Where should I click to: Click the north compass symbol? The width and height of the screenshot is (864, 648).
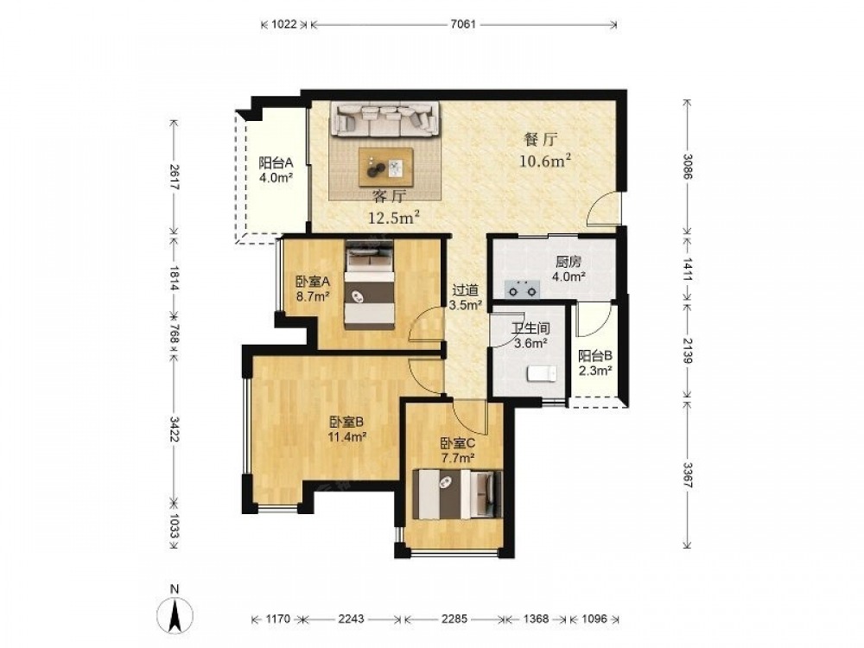coord(175,611)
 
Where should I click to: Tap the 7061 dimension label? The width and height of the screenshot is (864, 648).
coord(463,24)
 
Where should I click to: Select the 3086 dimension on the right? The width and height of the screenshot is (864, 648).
coord(687,167)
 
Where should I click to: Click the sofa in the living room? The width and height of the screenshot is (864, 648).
coord(385,119)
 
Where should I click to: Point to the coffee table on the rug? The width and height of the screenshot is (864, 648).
coord(385,167)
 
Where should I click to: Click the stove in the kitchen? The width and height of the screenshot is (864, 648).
coord(521,289)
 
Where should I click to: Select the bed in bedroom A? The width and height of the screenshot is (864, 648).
coord(370,284)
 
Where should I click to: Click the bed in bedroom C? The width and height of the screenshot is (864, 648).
coord(458,493)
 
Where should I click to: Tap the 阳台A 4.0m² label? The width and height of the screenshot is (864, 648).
coord(276,169)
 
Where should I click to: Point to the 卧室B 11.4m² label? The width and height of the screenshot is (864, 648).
coord(346,429)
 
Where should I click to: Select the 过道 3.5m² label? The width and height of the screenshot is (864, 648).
coord(467,297)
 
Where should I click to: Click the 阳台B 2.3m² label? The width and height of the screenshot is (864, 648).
coord(594,363)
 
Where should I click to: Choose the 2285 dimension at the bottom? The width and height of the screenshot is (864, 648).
coord(454,619)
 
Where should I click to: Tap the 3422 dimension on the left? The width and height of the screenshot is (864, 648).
coord(175,429)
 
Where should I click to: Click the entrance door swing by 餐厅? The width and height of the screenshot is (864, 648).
coord(603,207)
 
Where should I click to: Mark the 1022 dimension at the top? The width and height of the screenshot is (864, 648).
coord(285,24)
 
